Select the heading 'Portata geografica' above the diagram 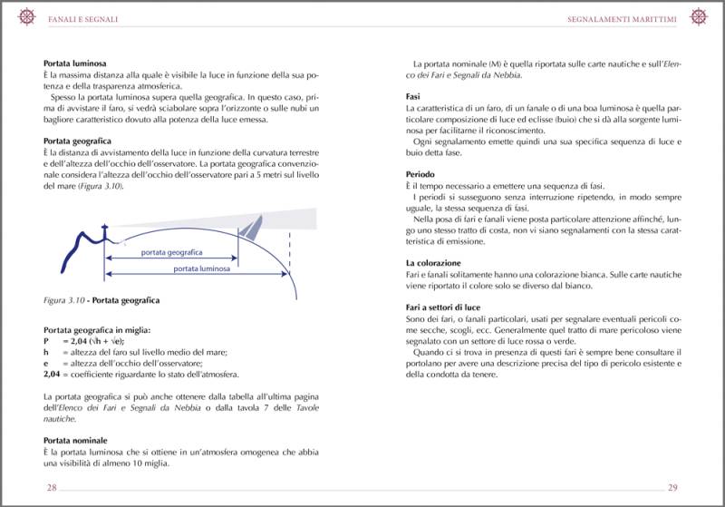77,141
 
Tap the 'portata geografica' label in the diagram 171,253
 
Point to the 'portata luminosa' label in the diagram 201,269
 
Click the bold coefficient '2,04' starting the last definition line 53,374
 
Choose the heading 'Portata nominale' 75,440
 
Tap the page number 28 53,488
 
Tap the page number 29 672,488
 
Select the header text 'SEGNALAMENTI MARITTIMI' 625,17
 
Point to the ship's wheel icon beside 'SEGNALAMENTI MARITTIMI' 699,16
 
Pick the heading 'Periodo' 420,173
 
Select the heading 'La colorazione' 433,263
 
